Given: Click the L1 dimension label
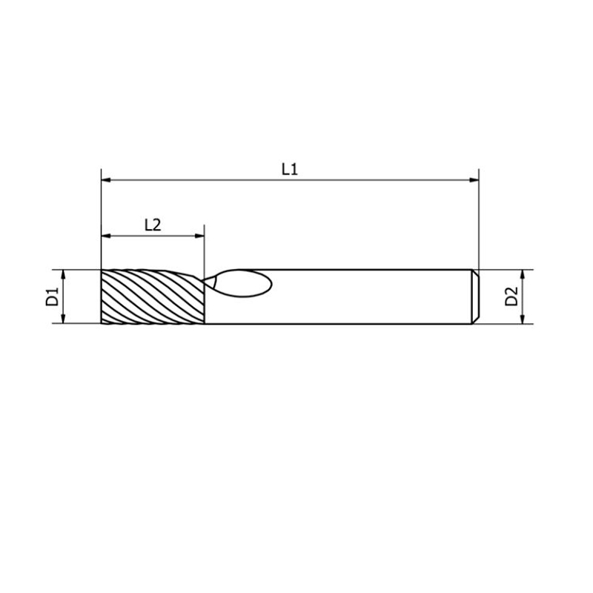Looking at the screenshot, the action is (290, 169).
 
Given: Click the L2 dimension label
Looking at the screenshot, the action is (153, 225).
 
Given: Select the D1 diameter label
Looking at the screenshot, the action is (52, 296).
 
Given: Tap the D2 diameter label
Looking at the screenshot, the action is (511, 296).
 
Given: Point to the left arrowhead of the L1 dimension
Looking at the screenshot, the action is (106, 180).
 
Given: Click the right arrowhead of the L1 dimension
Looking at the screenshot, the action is (474, 180).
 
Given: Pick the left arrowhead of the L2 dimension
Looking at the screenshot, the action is (106, 236).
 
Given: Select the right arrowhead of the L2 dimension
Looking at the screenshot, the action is (199, 236).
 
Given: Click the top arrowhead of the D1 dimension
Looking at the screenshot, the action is (64, 275).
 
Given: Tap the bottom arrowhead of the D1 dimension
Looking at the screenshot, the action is (64, 319).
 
